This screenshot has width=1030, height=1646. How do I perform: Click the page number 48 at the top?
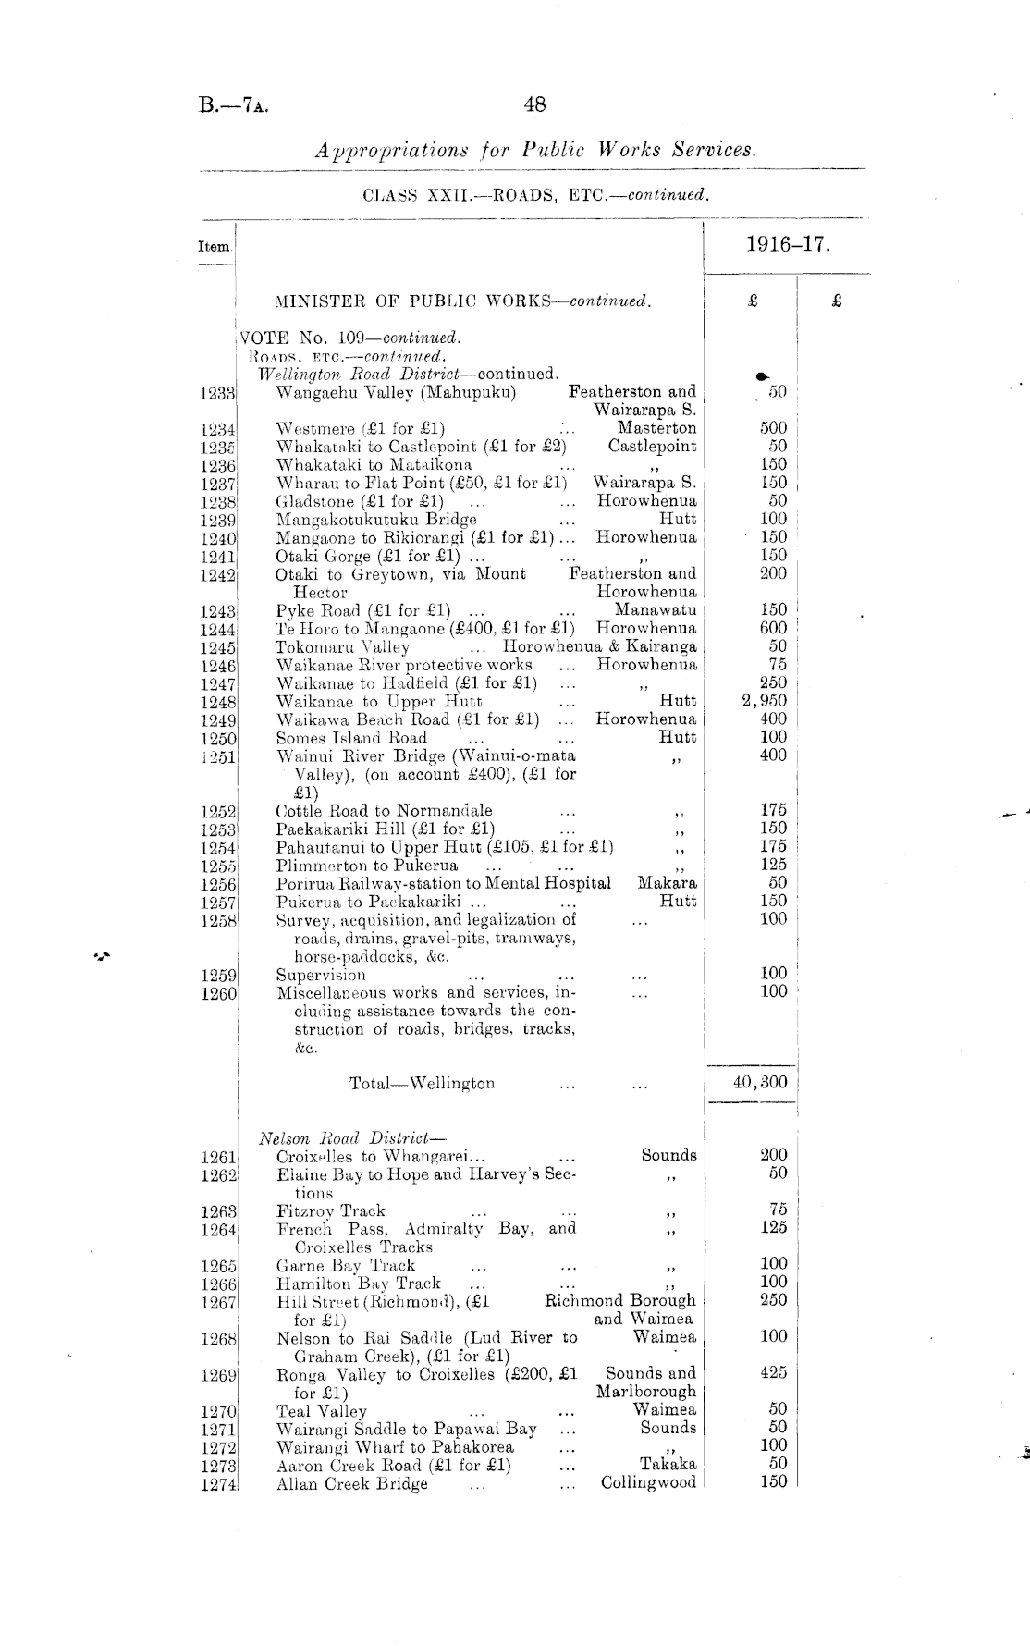(x=534, y=104)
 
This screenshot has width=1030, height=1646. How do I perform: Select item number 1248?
(x=218, y=702)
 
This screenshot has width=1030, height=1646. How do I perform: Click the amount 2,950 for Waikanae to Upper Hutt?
(x=765, y=701)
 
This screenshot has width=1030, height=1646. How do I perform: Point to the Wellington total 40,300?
(x=760, y=1082)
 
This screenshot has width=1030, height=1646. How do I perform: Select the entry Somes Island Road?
(x=351, y=738)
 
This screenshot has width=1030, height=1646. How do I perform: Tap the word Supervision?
(x=321, y=974)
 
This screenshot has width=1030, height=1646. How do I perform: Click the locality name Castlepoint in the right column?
(x=652, y=446)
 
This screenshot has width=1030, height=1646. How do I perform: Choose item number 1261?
(x=218, y=1156)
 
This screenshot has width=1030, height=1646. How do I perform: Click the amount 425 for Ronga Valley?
(x=774, y=1373)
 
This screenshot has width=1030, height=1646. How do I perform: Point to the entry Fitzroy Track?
(x=330, y=1210)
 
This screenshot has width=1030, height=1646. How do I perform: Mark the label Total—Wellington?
(x=422, y=1083)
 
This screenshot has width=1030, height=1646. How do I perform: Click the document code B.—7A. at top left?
(x=234, y=105)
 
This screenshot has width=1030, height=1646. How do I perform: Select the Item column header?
(x=214, y=247)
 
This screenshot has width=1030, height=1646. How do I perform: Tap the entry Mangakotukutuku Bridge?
(x=376, y=519)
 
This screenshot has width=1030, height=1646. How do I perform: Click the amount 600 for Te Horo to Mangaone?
(x=773, y=628)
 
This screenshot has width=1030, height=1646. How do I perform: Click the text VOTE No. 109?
(x=305, y=338)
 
